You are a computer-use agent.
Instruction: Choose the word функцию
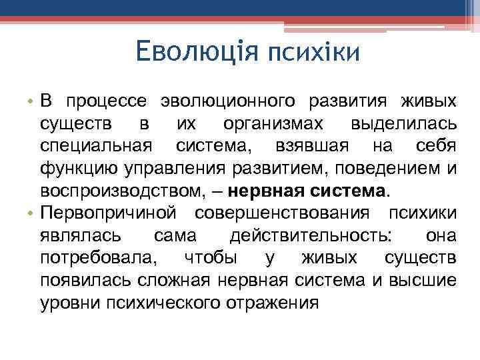point(74,168)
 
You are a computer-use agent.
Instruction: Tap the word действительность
point(311,235)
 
